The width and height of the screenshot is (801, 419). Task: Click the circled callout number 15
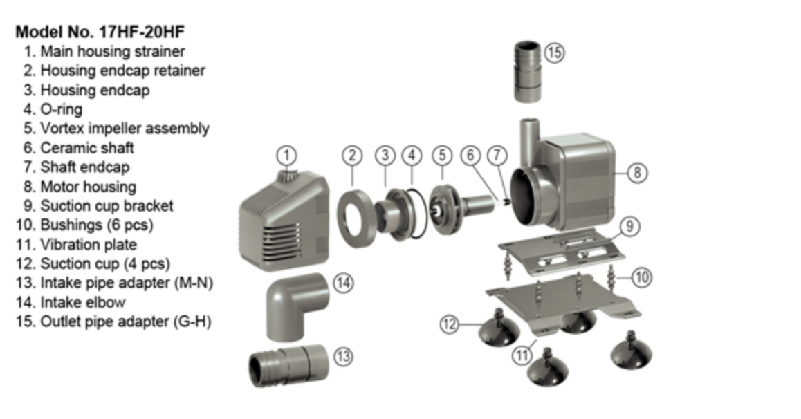(x=554, y=53)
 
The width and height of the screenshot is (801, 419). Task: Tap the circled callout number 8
(x=637, y=172)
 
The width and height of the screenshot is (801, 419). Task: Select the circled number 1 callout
(x=286, y=155)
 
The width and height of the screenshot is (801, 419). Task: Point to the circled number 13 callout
(x=343, y=356)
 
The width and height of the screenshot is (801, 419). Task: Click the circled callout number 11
(x=522, y=354)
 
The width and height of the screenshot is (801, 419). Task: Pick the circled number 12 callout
(x=450, y=324)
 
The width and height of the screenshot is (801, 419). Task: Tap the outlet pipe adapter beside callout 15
(x=527, y=72)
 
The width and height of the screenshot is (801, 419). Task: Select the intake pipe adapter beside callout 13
(x=288, y=365)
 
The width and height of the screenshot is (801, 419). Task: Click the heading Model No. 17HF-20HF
(x=100, y=32)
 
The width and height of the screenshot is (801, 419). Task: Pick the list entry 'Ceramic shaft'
(x=79, y=148)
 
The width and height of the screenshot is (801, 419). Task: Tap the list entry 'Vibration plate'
(x=76, y=245)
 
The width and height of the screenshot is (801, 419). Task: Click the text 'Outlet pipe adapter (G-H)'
(x=113, y=322)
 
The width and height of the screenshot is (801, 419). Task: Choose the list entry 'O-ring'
(x=53, y=109)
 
